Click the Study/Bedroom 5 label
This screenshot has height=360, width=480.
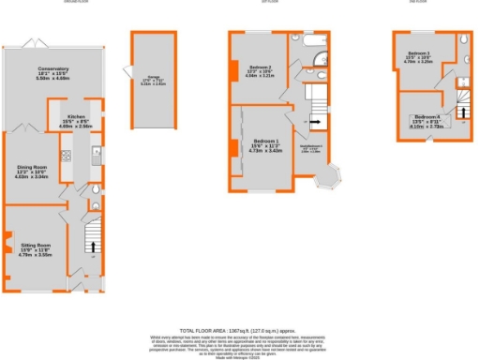(314, 148)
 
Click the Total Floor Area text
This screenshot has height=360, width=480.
(239, 330)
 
